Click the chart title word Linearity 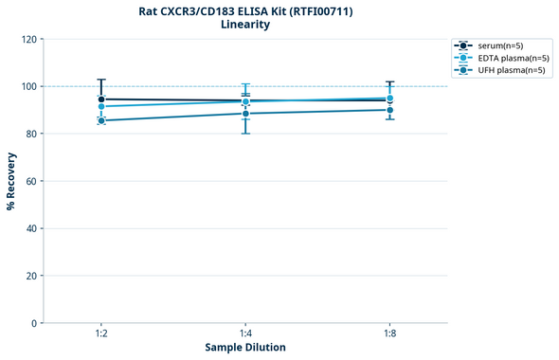pyautogui.click(x=245, y=25)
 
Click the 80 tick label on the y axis pyautogui.click(x=30, y=134)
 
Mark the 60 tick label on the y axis pyautogui.click(x=30, y=181)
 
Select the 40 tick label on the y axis pyautogui.click(x=30, y=228)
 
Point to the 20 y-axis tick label pyautogui.click(x=30, y=276)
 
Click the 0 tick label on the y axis pyautogui.click(x=33, y=323)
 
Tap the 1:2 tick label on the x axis pyautogui.click(x=101, y=333)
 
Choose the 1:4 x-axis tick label pyautogui.click(x=245, y=333)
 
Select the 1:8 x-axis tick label pyautogui.click(x=389, y=333)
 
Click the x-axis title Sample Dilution pyautogui.click(x=245, y=348)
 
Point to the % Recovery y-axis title pyautogui.click(x=11, y=181)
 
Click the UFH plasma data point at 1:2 pyautogui.click(x=101, y=120)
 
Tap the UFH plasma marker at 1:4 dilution pyautogui.click(x=245, y=114)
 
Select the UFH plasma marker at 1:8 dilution pyautogui.click(x=389, y=110)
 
